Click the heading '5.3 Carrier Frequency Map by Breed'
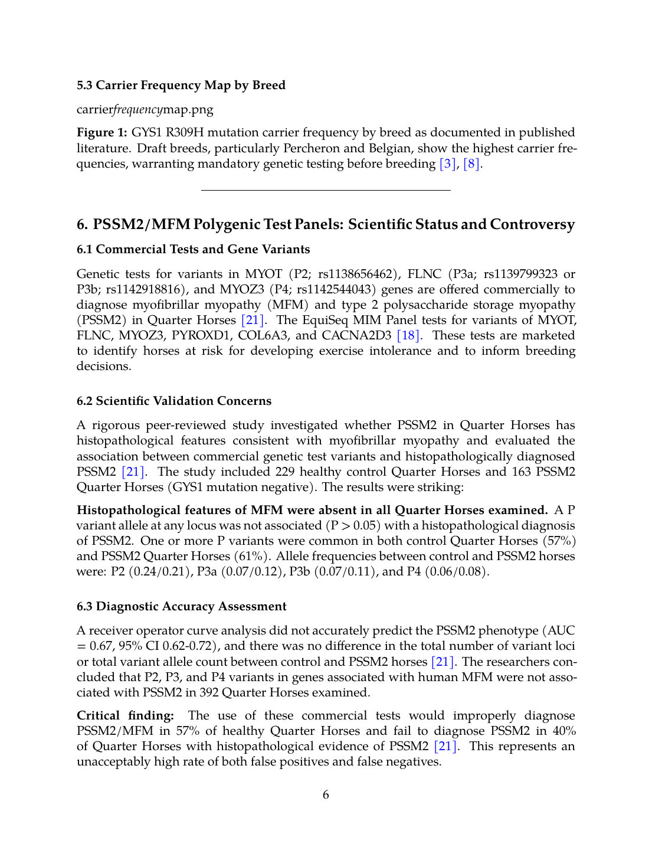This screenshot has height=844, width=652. click(181, 85)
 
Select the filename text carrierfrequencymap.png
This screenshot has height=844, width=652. click(145, 109)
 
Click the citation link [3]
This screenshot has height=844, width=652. click(448, 163)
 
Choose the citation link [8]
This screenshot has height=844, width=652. click(471, 163)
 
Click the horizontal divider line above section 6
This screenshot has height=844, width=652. click(326, 190)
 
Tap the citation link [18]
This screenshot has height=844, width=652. click(408, 335)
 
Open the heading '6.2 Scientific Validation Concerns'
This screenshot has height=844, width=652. click(174, 401)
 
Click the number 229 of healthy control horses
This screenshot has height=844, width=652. click(286, 472)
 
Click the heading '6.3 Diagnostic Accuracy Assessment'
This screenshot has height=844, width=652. click(181, 606)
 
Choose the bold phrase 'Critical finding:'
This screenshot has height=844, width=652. click(125, 715)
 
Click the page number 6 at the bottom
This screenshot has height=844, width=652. click(326, 794)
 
